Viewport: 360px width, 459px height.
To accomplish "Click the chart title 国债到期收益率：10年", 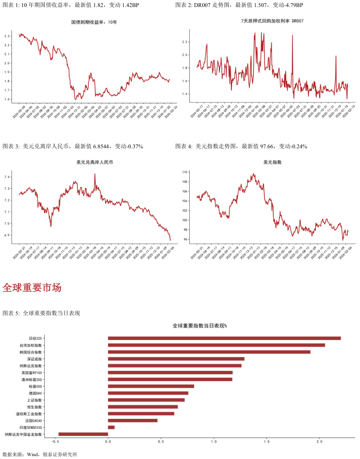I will point(94,22).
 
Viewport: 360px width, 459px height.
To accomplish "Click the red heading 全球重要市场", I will point(32,288).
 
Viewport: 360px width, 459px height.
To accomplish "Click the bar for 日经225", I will point(224,338).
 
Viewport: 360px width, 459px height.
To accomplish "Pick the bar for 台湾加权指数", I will point(216,345).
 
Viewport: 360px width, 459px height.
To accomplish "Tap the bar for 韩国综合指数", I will point(209,352).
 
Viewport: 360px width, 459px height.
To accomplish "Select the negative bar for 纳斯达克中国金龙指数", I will point(83,434).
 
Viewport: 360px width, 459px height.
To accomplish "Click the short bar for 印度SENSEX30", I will point(111,427).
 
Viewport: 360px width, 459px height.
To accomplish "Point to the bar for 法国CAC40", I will point(132,420).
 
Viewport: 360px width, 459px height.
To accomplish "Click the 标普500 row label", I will point(35,386).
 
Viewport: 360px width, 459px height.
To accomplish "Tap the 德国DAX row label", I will point(35,393).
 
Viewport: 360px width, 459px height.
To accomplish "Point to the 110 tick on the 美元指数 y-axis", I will point(185,172).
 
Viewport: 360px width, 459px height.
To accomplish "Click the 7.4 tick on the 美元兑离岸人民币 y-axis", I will point(7,177).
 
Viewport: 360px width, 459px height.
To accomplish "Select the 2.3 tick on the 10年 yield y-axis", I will point(7,37).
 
